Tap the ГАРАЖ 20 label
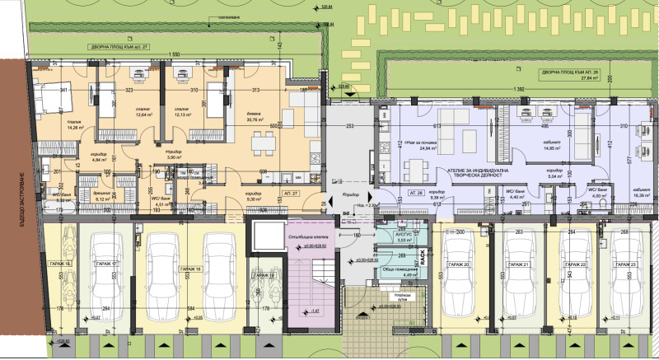pyautogui.click(x=460, y=264)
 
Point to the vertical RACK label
pyautogui.click(x=423, y=257)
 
